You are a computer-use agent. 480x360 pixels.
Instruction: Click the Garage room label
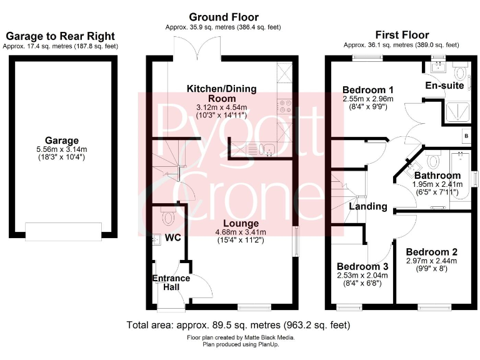[x=61, y=141]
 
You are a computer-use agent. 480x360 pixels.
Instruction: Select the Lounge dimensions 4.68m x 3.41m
[x=241, y=232]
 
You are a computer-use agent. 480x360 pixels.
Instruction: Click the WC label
[x=172, y=238]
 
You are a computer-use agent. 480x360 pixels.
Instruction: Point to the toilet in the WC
[x=167, y=217]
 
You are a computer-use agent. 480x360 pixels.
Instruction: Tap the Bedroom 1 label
[x=367, y=89]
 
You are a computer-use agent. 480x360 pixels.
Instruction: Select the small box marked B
[x=466, y=136]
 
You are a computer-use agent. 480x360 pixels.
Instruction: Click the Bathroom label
[x=437, y=176]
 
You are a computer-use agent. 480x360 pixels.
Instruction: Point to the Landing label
[x=368, y=206]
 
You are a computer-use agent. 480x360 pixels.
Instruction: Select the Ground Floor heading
[x=223, y=17]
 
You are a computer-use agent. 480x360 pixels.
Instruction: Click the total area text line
[x=238, y=325]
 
